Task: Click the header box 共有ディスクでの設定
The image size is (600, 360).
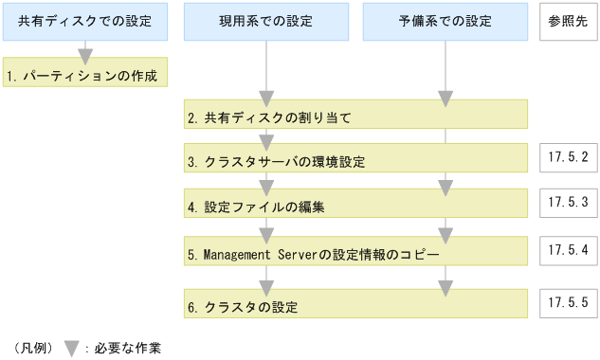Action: (86, 22)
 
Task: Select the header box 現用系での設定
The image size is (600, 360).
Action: (266, 22)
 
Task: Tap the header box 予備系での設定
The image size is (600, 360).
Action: (445, 22)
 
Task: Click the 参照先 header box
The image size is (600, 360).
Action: (568, 22)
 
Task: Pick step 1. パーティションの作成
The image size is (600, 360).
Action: (86, 72)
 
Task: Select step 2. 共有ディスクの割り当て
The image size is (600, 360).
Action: (355, 117)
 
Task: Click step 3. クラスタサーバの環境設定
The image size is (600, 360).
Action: (355, 161)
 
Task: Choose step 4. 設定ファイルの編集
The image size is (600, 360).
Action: (355, 205)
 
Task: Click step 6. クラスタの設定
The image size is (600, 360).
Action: (355, 306)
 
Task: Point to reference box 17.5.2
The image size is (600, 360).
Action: (568, 157)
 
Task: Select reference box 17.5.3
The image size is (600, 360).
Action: (568, 202)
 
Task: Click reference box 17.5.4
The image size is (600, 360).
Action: (568, 251)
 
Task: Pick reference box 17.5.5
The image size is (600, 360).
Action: (568, 303)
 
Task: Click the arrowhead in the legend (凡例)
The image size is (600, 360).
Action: (71, 348)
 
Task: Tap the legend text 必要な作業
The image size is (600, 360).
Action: (128, 348)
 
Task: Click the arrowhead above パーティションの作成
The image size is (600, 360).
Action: (86, 53)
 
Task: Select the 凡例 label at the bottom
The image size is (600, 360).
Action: (33, 348)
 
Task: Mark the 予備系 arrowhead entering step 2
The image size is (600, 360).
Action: (445, 99)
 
